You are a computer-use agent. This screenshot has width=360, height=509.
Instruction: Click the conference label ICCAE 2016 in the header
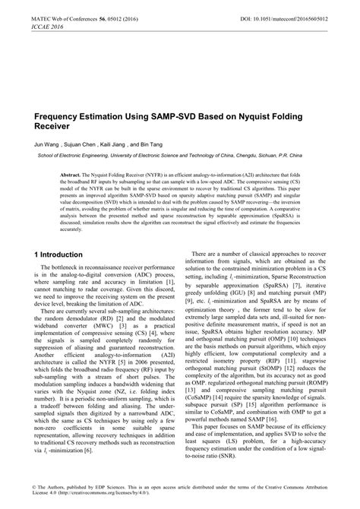click(x=29, y=24)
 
